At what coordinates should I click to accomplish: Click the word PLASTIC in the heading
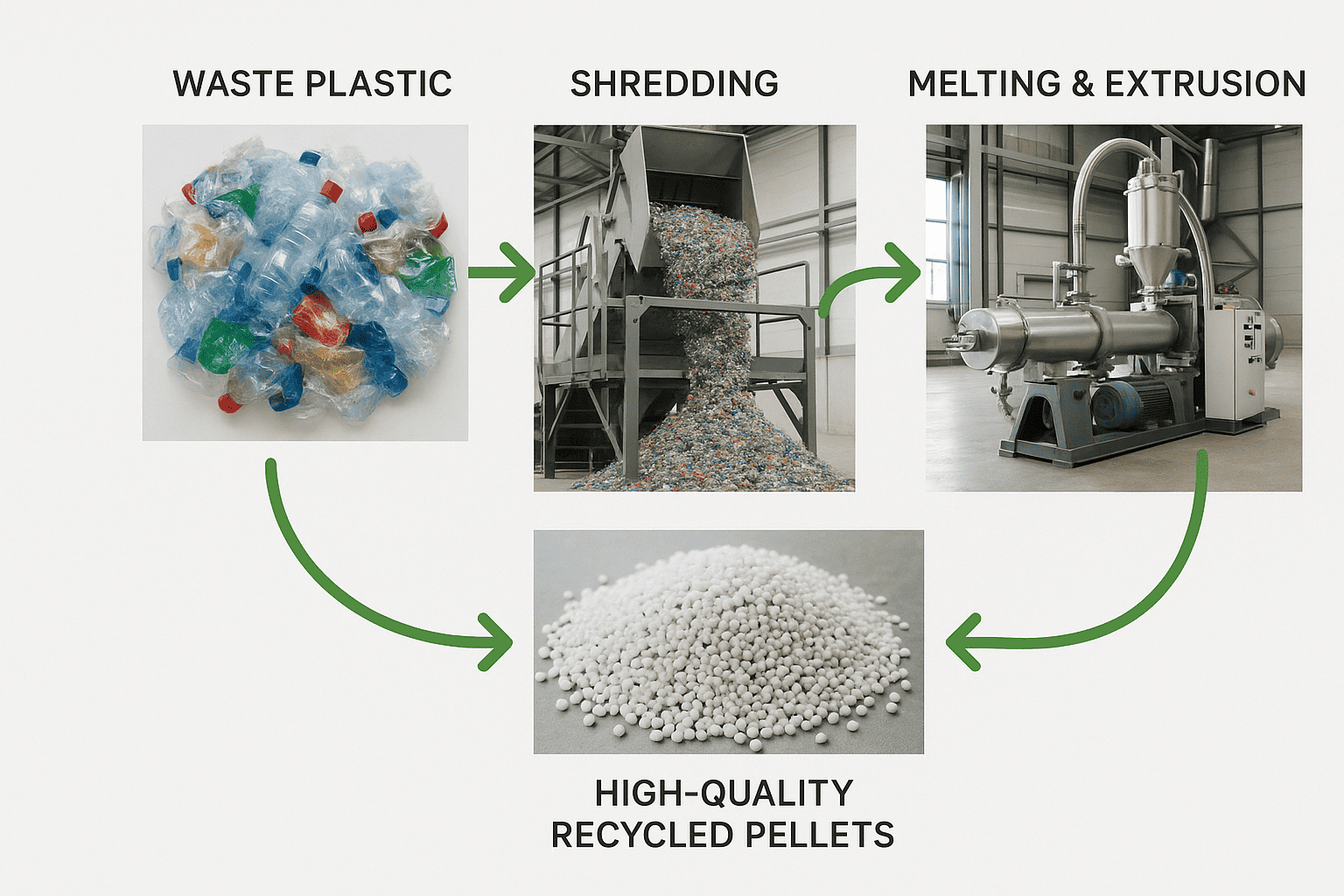tap(379, 83)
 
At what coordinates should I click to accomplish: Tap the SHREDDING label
tap(675, 83)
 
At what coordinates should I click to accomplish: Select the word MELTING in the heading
tap(984, 83)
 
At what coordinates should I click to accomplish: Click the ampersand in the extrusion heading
tap(1082, 83)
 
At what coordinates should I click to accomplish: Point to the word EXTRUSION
tap(1206, 83)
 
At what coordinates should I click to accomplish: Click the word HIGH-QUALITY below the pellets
tap(724, 793)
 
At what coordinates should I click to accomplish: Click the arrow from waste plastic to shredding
tap(501, 272)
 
